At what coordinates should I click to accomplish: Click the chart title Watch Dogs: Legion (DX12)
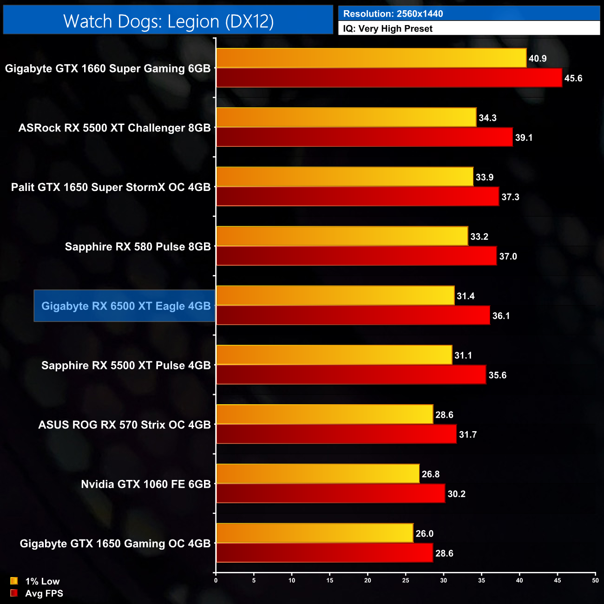tap(168, 21)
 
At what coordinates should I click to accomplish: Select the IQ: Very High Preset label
tap(387, 28)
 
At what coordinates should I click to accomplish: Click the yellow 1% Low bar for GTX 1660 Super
tap(371, 58)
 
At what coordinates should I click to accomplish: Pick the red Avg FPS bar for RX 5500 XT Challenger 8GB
tap(364, 137)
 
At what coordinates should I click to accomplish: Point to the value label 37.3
tap(510, 197)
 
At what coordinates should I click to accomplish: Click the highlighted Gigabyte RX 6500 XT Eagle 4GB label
tap(125, 306)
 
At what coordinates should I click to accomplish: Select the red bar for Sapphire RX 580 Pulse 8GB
tap(356, 256)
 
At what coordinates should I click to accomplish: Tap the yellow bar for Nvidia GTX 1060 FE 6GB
tap(318, 474)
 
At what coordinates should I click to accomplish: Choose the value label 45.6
tap(573, 78)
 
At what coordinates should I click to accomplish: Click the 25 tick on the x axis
tap(406, 580)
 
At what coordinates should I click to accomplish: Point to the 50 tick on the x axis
tap(595, 580)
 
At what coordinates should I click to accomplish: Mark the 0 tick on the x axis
tap(216, 580)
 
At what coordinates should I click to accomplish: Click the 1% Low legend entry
tap(35, 581)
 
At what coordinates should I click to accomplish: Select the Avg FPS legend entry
tap(37, 593)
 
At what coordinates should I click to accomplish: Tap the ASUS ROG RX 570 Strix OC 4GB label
tap(125, 425)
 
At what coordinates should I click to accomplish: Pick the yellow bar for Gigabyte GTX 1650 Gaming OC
tap(315, 533)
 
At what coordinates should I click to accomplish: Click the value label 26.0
tap(424, 533)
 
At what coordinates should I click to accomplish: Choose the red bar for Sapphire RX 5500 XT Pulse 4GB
tap(351, 375)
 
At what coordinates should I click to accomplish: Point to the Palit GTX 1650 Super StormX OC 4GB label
tap(111, 187)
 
